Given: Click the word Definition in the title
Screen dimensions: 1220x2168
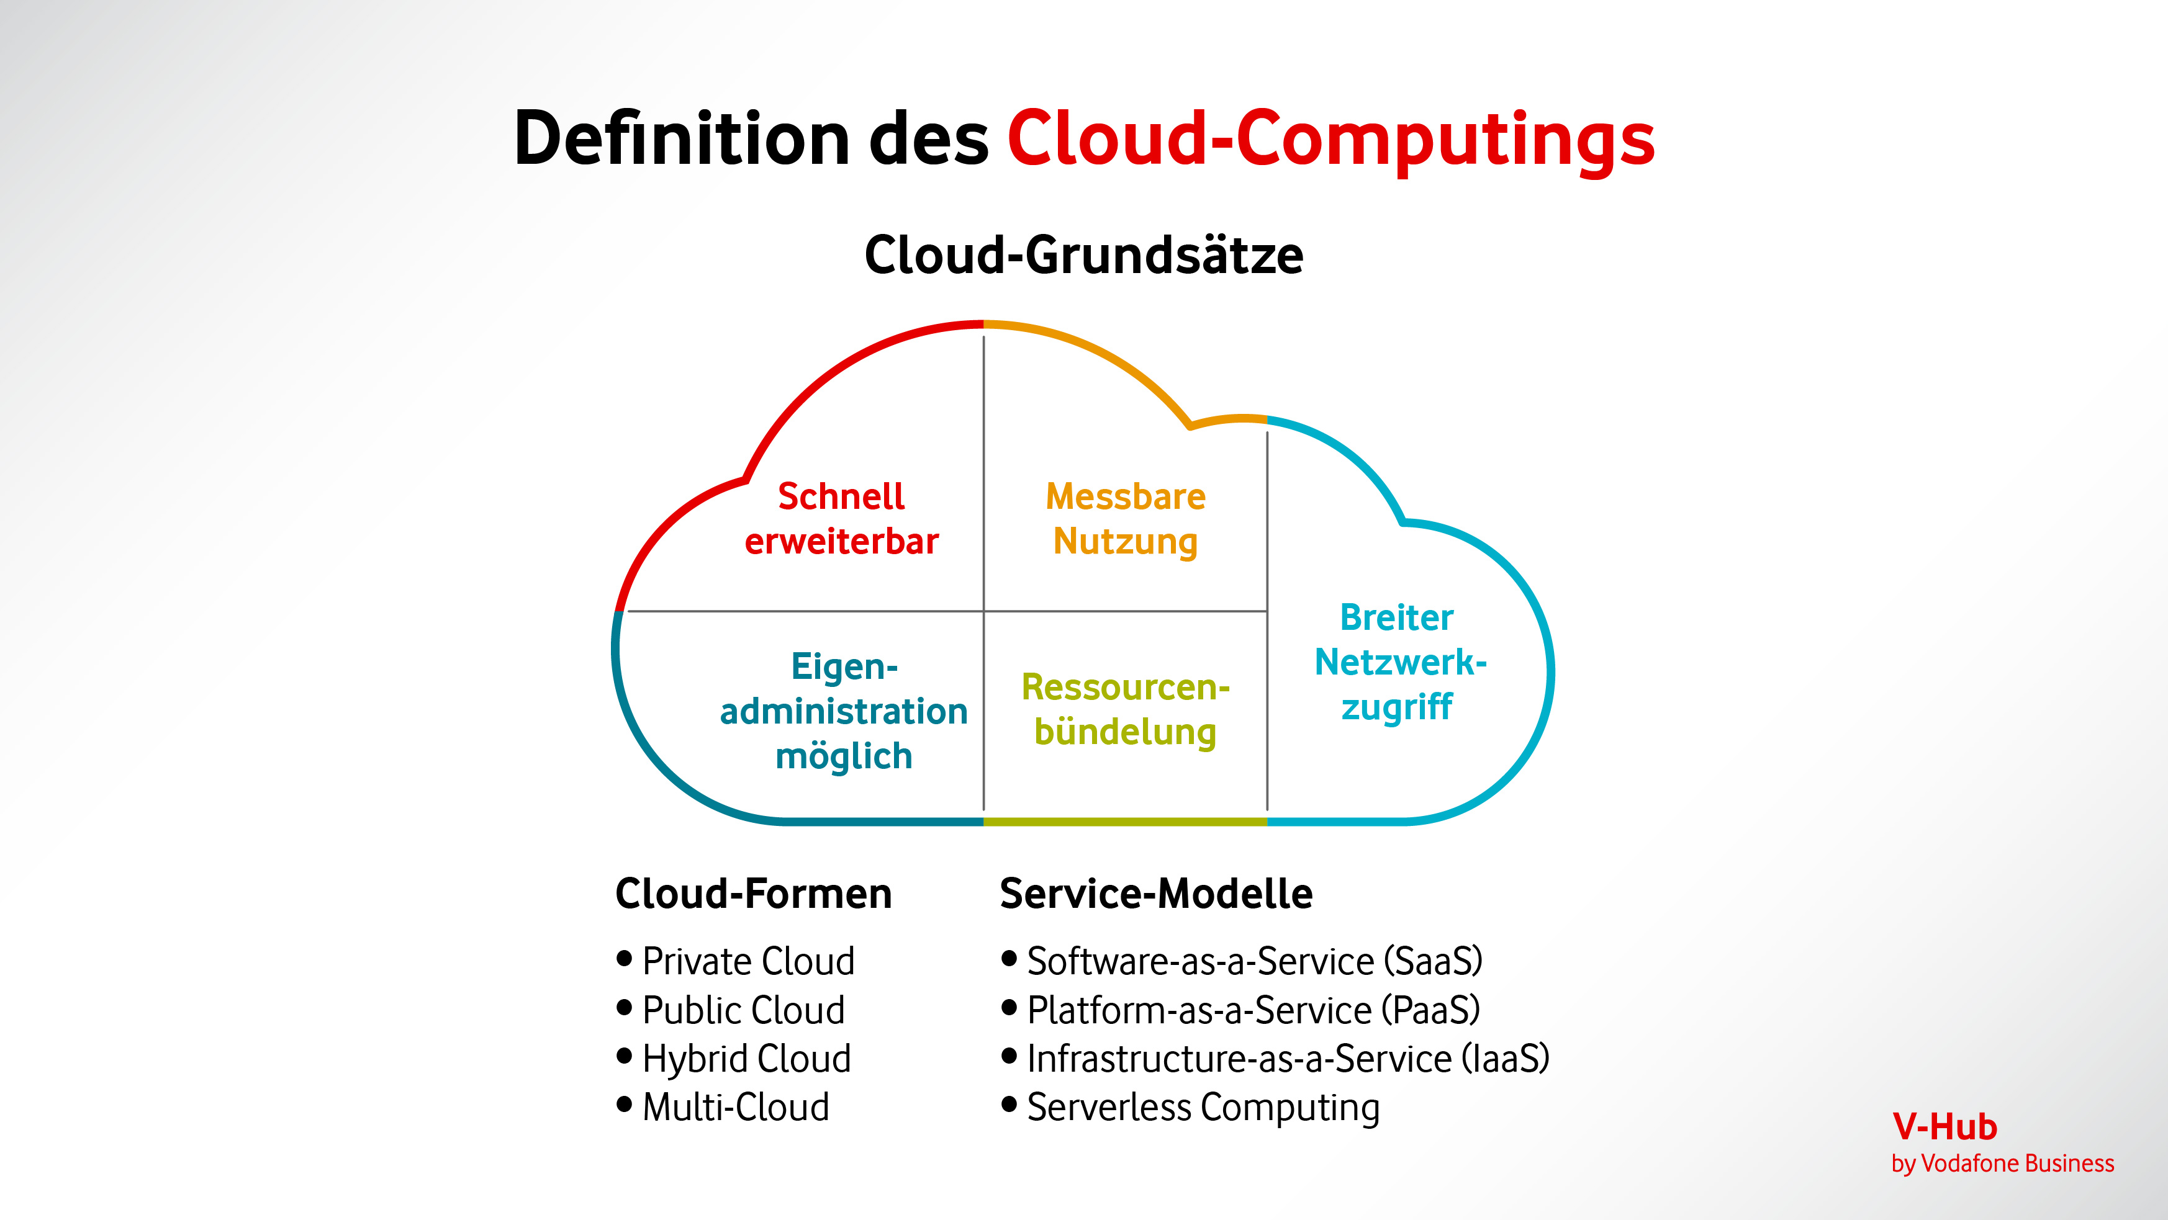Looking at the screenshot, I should click(x=681, y=139).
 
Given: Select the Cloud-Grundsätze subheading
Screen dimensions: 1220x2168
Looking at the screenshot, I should click(x=1083, y=255).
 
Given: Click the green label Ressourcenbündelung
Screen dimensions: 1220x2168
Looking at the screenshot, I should click(x=1125, y=709).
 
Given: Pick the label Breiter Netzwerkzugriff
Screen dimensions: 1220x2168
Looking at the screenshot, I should click(x=1398, y=662).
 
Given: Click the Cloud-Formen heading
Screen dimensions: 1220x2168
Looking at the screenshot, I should click(x=753, y=894).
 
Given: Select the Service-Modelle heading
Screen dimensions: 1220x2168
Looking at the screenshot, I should click(x=1155, y=894).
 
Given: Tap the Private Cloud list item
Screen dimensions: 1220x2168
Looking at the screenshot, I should click(x=748, y=961).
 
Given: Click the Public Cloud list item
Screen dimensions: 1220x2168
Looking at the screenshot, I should click(x=743, y=1010).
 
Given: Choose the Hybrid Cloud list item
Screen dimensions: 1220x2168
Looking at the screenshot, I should click(x=746, y=1059).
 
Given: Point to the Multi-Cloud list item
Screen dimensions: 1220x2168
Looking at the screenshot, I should click(x=736, y=1107).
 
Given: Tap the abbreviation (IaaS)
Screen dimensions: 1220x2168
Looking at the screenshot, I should click(x=1505, y=1059).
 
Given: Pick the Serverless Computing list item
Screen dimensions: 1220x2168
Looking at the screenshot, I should click(x=1203, y=1107).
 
